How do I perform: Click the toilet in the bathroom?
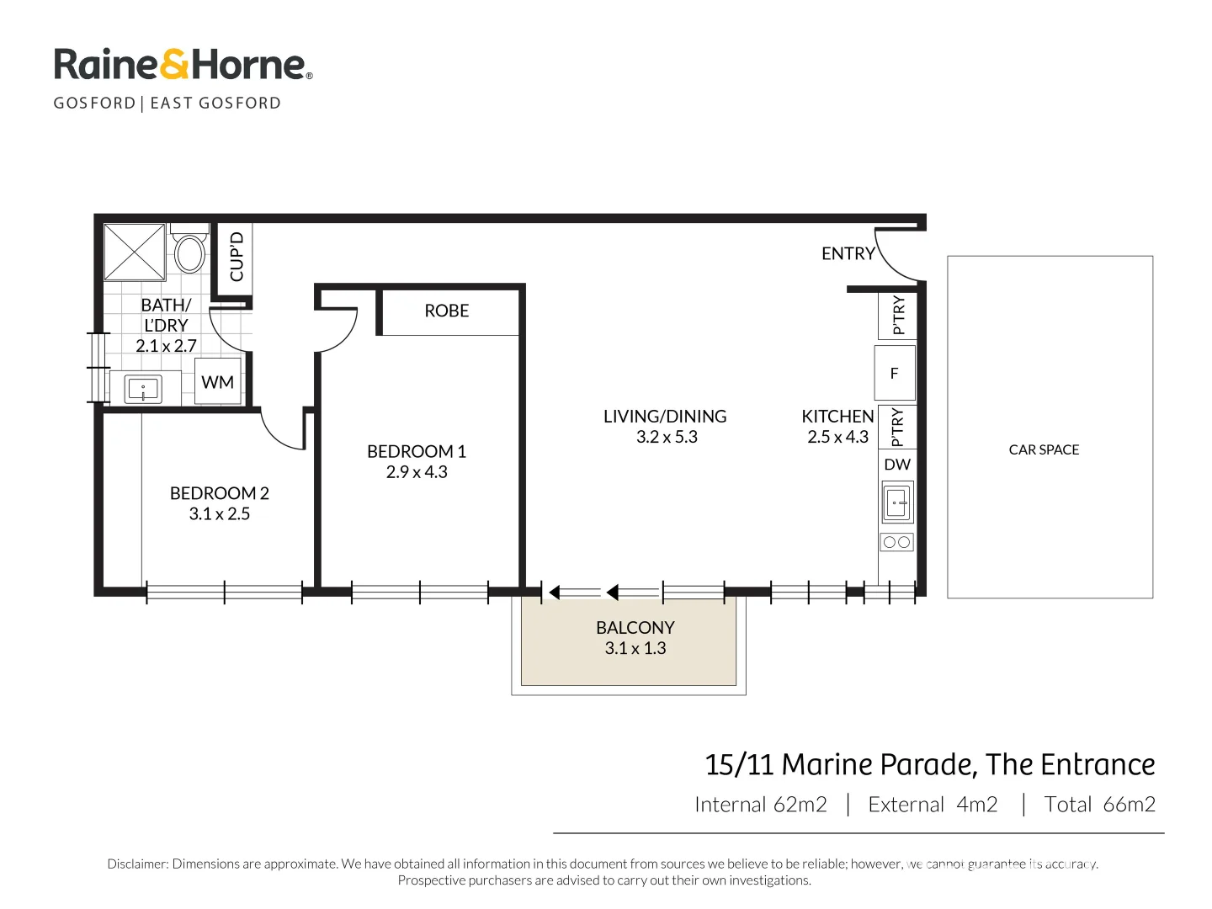pyautogui.click(x=189, y=248)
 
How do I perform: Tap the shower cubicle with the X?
pyautogui.click(x=134, y=252)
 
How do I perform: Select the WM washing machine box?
pyautogui.click(x=217, y=381)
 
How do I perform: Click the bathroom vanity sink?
pyautogui.click(x=143, y=389)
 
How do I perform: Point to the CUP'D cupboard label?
pyautogui.click(x=237, y=257)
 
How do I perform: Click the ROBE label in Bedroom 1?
pyautogui.click(x=446, y=311)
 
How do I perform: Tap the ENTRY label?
pyautogui.click(x=848, y=253)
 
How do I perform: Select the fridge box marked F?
pyautogui.click(x=895, y=373)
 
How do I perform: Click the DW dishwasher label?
pyautogui.click(x=896, y=464)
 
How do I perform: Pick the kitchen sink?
pyautogui.click(x=897, y=502)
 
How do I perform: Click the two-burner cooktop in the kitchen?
pyautogui.click(x=896, y=542)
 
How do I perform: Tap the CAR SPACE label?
pyautogui.click(x=1044, y=449)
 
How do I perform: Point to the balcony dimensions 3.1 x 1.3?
pyautogui.click(x=635, y=648)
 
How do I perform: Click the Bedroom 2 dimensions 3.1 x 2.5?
pyautogui.click(x=219, y=513)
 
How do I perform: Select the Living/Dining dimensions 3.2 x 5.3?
pyautogui.click(x=667, y=437)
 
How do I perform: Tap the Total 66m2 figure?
pyautogui.click(x=1099, y=805)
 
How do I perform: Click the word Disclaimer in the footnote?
pyautogui.click(x=137, y=864)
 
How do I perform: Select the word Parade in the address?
pyautogui.click(x=922, y=765)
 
